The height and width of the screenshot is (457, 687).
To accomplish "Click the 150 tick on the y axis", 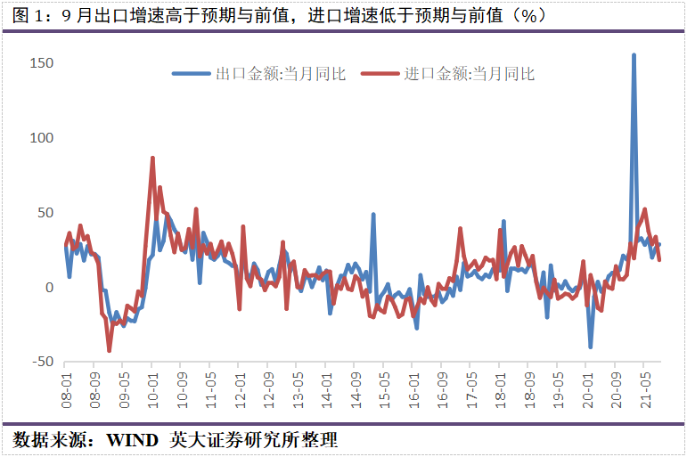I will tap(42, 63).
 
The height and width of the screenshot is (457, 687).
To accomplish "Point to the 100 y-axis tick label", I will tap(42, 138).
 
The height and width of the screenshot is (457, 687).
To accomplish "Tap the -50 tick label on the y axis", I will tap(42, 362).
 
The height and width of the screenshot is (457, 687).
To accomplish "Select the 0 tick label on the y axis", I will tap(49, 288).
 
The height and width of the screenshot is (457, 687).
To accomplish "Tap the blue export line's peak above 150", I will tap(634, 55).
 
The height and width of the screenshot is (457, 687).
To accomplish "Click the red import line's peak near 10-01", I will tap(152, 159).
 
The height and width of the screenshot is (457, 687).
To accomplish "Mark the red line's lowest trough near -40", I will tap(110, 350).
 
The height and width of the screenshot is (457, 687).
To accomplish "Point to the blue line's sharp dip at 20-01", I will tap(590, 346).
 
